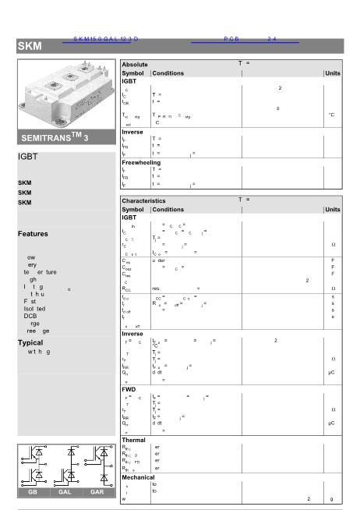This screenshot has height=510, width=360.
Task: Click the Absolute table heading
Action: click(x=137, y=64)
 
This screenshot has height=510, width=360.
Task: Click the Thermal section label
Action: click(x=134, y=440)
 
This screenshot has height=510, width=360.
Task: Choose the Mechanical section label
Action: click(x=139, y=476)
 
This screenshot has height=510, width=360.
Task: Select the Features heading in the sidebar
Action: click(x=33, y=234)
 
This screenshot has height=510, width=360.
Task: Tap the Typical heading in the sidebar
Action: click(x=30, y=342)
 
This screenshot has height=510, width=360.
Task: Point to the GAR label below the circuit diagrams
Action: click(x=97, y=493)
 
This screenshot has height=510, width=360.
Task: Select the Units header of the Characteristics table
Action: click(x=333, y=210)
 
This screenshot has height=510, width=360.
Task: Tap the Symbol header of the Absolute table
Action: click(x=133, y=73)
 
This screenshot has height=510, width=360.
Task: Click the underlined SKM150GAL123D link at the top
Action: click(x=106, y=39)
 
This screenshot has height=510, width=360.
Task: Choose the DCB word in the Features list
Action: click(x=30, y=316)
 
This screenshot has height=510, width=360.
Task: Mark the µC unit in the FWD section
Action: click(x=331, y=423)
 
